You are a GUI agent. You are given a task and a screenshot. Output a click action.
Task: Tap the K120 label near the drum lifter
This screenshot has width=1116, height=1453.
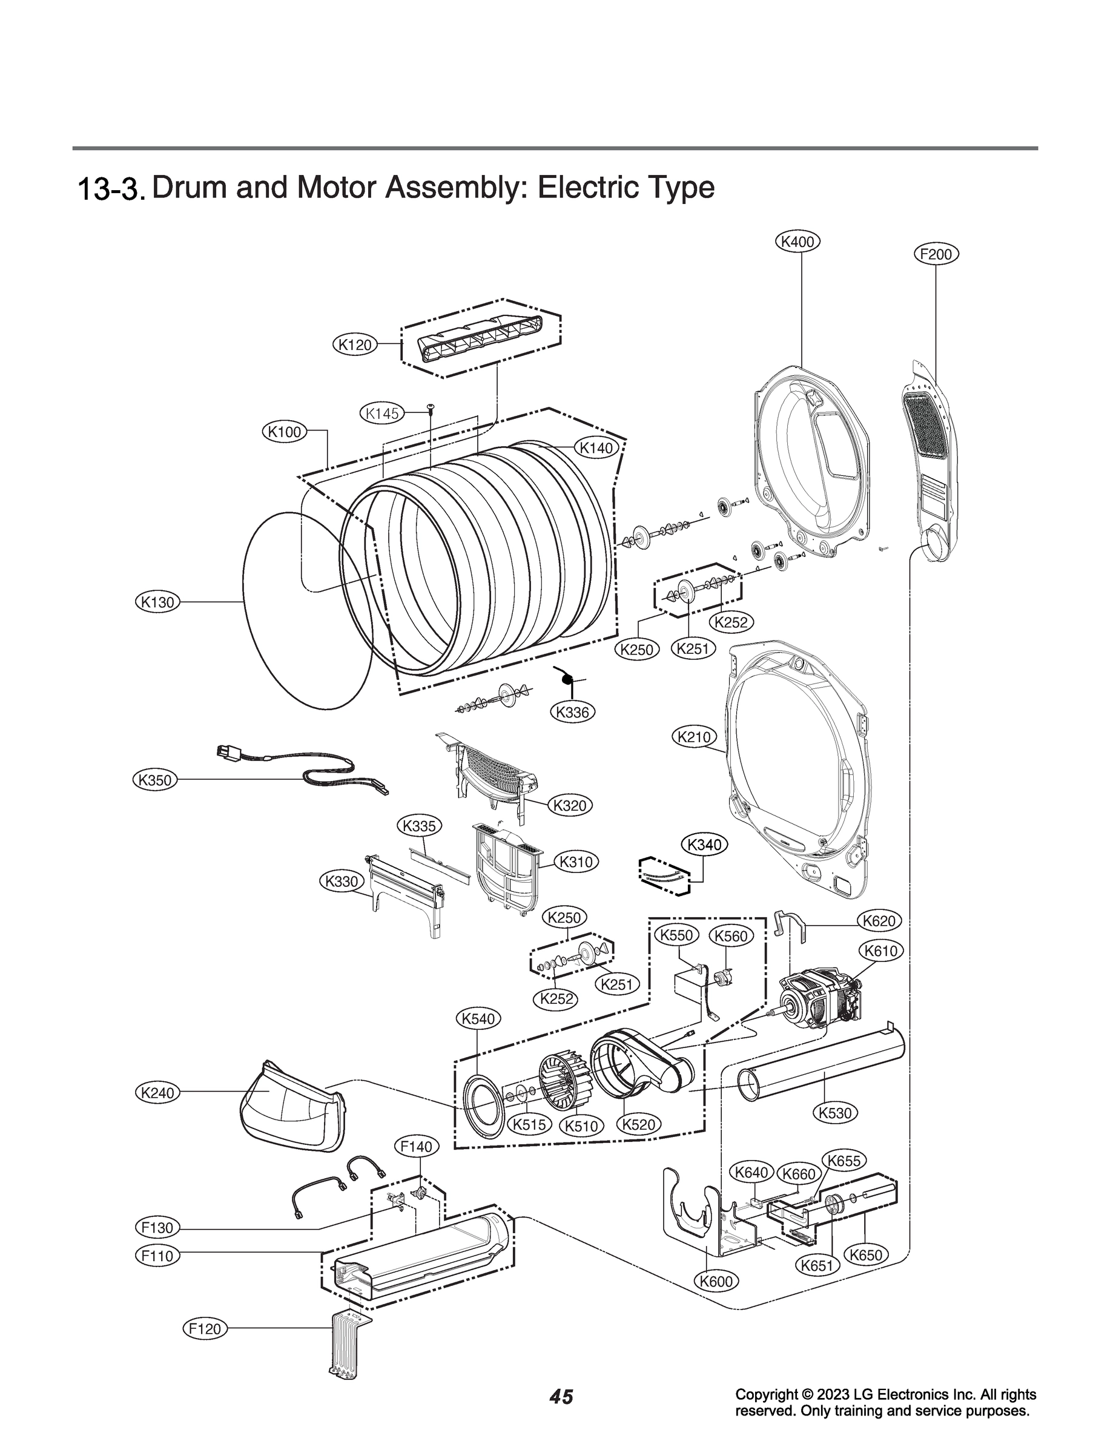pos(354,344)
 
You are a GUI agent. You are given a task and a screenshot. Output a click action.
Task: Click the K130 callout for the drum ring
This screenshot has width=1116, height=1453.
pos(158,602)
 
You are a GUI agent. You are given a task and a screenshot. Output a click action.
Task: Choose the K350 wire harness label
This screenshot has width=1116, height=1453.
pos(155,780)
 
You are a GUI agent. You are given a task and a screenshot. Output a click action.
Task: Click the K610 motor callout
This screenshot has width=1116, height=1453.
pos(881,951)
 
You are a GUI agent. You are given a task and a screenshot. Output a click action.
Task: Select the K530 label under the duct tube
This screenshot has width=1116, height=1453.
pos(835,1112)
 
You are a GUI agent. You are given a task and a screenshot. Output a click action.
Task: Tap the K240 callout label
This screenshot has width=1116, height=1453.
pos(158,1092)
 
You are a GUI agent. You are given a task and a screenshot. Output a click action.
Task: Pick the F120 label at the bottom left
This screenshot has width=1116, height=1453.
pos(205,1329)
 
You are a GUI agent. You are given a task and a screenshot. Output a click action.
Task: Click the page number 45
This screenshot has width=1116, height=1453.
pos(561,1417)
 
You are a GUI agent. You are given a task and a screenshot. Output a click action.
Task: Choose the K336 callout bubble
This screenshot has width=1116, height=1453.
pos(573,713)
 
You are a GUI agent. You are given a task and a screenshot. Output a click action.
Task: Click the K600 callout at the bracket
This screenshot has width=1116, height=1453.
pos(717,1281)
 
